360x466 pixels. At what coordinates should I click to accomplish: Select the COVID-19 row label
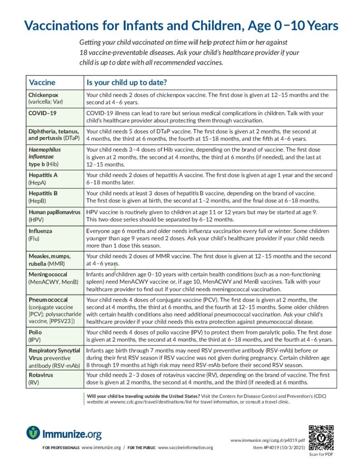tap(42, 112)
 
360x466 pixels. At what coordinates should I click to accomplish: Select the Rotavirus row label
tap(41, 375)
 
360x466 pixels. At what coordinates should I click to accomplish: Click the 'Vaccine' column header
tap(42, 83)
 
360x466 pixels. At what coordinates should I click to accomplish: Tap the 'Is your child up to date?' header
tap(127, 83)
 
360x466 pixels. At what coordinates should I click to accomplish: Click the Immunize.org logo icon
tap(33, 432)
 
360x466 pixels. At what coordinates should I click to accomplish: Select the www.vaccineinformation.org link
tap(185, 448)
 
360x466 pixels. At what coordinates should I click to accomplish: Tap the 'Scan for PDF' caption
tap(321, 454)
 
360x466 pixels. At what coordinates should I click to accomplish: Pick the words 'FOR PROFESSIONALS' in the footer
tap(61, 448)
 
